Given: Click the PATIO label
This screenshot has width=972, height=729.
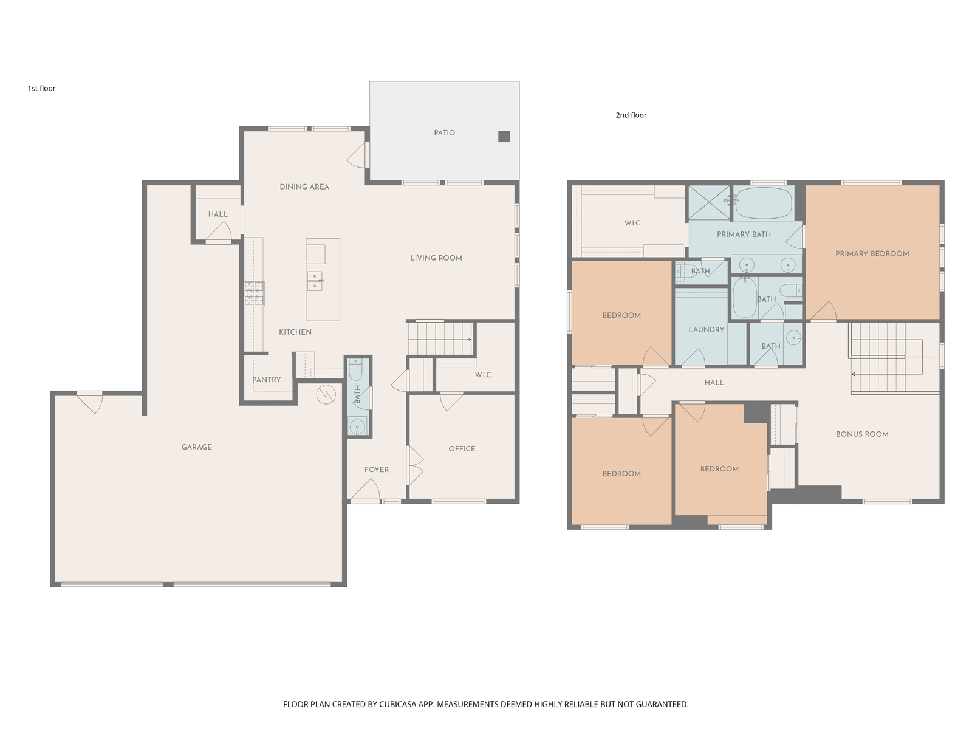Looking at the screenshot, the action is (444, 133).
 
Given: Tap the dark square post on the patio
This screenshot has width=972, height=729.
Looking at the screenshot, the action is (504, 136).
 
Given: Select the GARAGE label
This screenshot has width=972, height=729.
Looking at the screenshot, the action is (197, 447).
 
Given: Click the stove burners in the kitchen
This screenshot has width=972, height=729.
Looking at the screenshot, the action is (254, 293).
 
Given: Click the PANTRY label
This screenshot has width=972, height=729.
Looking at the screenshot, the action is (267, 380).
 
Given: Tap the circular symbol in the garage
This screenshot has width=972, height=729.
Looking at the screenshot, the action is (326, 394).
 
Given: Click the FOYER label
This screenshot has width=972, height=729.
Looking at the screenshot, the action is (377, 470).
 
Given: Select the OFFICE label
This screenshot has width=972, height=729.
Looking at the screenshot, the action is (462, 449).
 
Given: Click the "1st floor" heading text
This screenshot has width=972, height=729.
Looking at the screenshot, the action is (42, 89).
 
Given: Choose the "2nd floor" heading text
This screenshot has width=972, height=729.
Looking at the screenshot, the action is (631, 115).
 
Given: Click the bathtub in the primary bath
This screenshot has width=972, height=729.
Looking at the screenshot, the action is (764, 203).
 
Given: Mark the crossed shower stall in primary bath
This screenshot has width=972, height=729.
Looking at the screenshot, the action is (708, 203).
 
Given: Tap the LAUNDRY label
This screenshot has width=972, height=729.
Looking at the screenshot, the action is (707, 330).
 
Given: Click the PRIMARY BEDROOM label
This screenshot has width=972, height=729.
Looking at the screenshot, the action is (872, 253).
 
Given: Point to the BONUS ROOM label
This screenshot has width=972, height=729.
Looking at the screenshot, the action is (862, 434).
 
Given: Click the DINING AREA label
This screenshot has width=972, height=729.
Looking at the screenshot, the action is (304, 187).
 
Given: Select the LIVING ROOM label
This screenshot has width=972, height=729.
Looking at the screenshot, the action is (436, 258).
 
